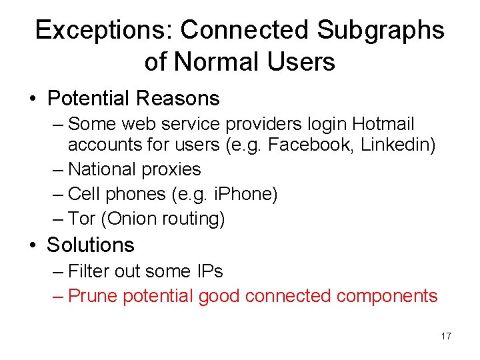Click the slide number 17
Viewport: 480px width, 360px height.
pos(446,336)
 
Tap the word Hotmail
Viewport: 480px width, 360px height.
pos(383,124)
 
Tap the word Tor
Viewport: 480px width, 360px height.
pos(82,218)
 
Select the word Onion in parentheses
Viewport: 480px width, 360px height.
pos(130,218)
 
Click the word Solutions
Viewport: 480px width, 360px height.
pos(90,245)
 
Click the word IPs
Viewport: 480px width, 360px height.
pos(209,271)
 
